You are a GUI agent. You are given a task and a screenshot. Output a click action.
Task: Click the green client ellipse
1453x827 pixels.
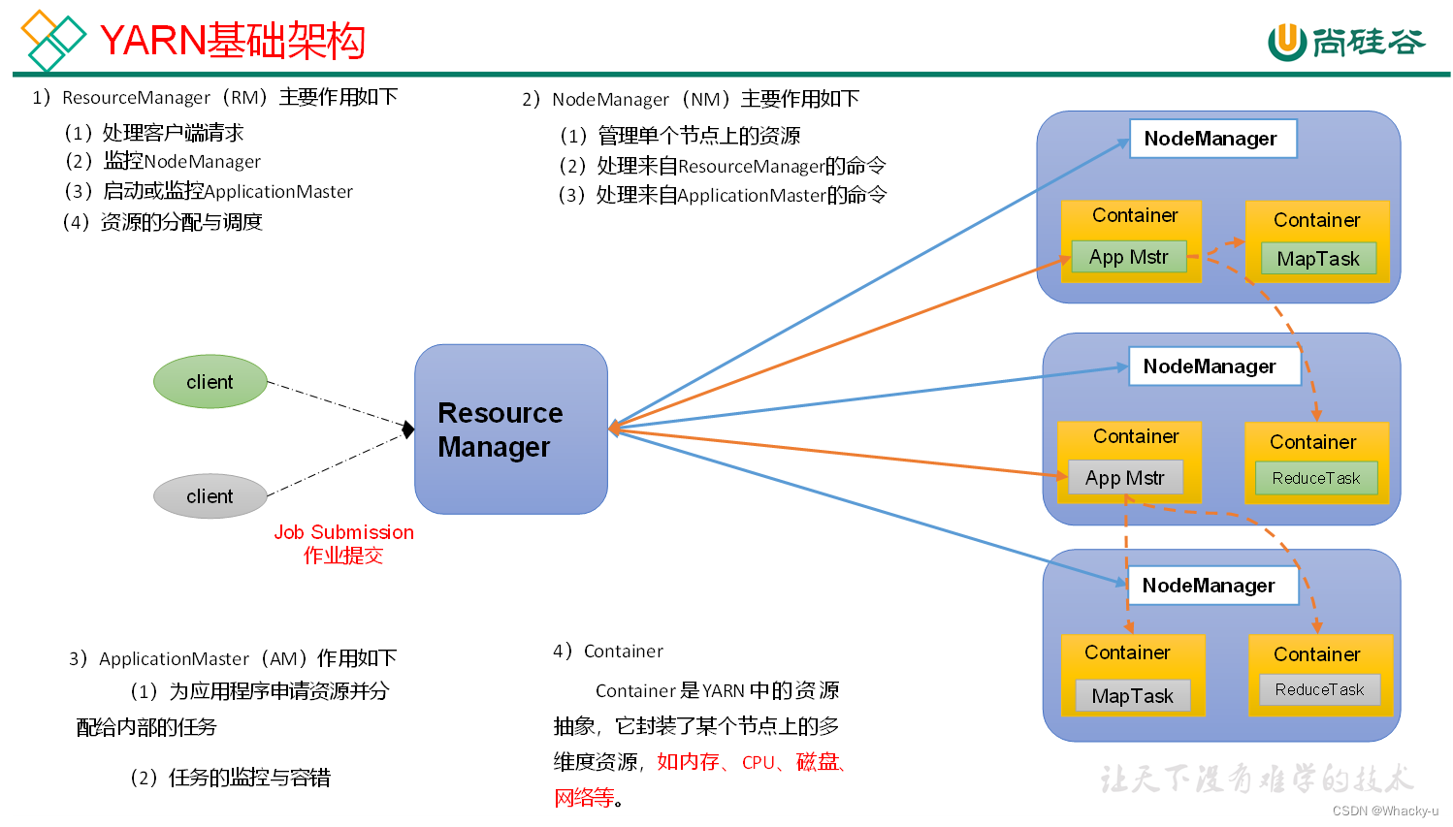tap(210, 381)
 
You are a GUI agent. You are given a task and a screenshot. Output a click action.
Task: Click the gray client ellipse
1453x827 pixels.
tap(210, 496)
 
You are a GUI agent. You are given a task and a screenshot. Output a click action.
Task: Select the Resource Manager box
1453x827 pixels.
tap(510, 429)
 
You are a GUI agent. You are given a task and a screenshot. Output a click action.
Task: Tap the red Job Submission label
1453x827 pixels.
tap(343, 532)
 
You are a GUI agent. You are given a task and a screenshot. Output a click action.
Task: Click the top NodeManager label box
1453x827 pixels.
tap(1212, 139)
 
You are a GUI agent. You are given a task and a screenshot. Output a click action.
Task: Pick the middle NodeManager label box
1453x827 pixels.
tap(1213, 366)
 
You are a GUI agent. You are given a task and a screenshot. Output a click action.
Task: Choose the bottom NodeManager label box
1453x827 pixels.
tap(1211, 586)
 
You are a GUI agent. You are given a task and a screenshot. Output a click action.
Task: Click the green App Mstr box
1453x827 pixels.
tap(1129, 257)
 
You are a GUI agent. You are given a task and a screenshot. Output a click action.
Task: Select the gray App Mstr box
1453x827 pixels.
tap(1125, 478)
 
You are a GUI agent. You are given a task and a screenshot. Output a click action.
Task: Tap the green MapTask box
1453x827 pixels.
tap(1318, 259)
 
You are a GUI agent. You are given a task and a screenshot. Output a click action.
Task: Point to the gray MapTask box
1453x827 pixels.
tap(1132, 696)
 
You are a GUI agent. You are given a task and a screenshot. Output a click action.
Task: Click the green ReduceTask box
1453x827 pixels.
tap(1316, 478)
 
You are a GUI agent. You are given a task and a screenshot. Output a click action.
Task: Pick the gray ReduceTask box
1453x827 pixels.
tap(1319, 689)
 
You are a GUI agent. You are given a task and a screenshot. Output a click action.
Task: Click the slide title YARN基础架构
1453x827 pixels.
tap(233, 41)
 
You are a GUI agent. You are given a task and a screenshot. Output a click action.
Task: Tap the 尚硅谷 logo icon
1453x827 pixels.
tap(1287, 41)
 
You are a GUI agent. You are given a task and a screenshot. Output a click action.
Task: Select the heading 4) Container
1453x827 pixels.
tap(608, 651)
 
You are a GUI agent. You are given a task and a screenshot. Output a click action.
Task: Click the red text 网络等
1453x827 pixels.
tap(584, 798)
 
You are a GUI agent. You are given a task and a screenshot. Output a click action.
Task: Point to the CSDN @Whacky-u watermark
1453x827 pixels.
tap(1385, 811)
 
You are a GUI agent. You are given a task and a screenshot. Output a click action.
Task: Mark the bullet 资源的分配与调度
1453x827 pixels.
tap(180, 222)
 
